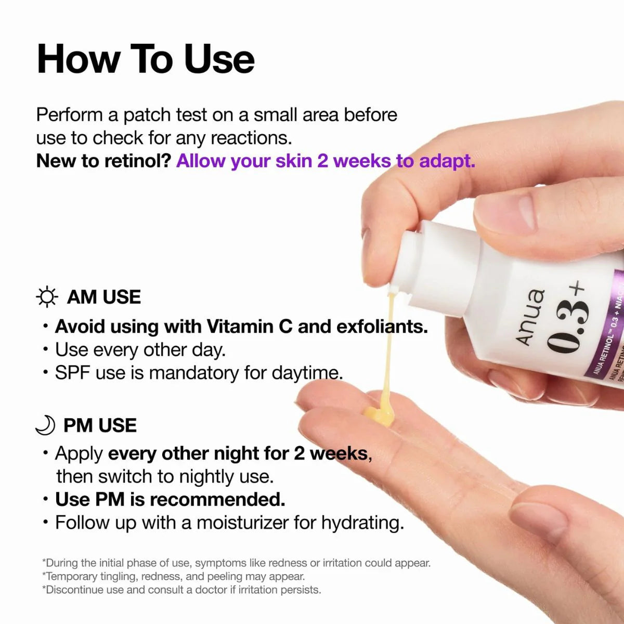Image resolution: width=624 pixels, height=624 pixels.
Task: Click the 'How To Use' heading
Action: tap(146, 59)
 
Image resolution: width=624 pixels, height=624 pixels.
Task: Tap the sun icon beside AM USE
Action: tap(47, 297)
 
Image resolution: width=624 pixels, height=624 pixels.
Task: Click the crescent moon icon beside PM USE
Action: tap(45, 425)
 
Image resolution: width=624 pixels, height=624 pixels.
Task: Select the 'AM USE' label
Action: tap(104, 297)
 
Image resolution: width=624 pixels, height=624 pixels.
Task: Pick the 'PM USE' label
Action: tap(100, 425)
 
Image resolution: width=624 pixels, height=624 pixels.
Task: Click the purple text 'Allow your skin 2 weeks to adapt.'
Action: tap(326, 161)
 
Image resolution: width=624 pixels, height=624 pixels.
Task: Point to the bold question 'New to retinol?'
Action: tap(103, 161)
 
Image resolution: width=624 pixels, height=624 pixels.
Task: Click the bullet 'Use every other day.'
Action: tap(140, 349)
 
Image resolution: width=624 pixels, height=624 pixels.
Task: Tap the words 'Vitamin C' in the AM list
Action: tap(250, 327)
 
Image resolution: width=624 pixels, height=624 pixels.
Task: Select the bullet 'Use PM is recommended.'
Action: tap(170, 499)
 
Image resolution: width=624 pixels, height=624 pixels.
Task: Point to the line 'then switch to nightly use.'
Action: tap(165, 476)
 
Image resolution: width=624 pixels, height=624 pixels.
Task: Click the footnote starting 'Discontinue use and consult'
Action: tap(182, 590)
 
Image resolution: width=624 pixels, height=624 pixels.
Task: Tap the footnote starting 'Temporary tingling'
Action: tap(174, 576)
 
